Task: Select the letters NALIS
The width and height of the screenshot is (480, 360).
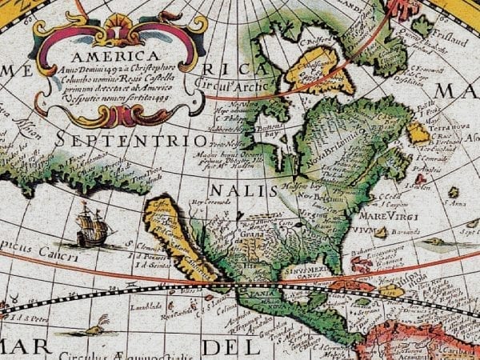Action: point(236,190)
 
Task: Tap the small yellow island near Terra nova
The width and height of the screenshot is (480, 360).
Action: point(418,132)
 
